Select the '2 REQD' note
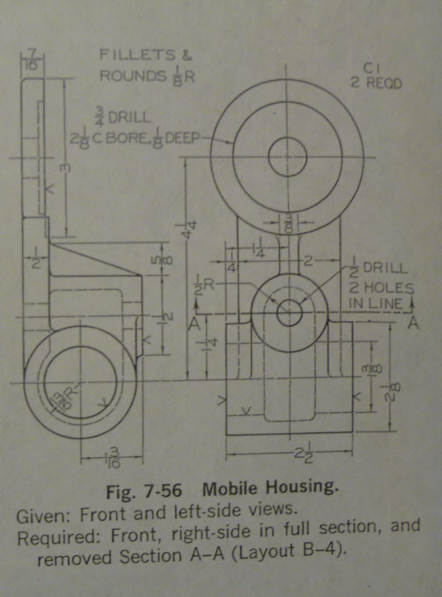(x=376, y=83)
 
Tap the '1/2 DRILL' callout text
(x=377, y=268)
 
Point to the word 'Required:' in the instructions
(x=48, y=536)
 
